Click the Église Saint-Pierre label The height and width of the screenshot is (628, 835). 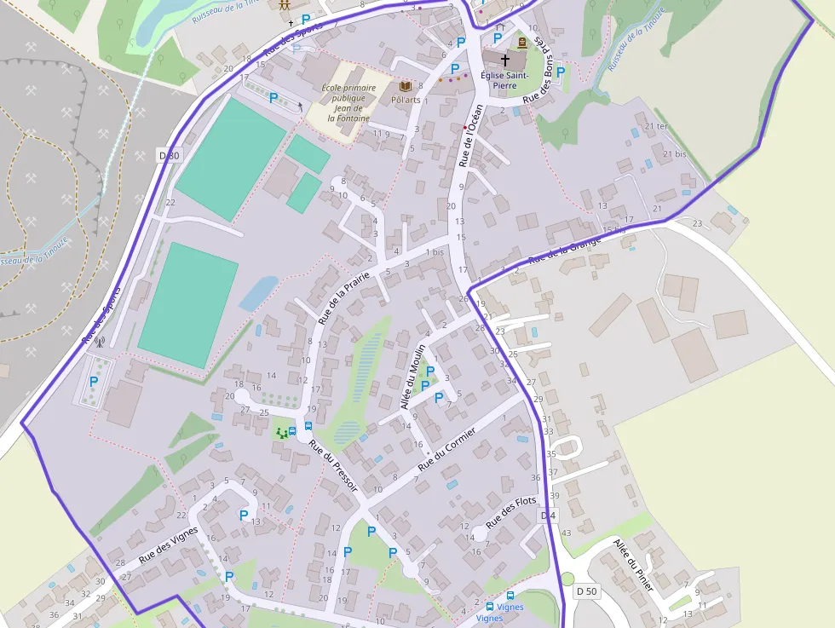pos(504,80)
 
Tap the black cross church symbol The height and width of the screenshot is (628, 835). pos(504,60)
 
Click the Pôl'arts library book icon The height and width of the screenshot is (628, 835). pos(406,87)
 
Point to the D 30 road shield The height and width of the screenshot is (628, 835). pos(170,155)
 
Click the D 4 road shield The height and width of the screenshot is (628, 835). pos(548,516)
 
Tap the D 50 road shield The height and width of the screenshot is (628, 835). pos(586,591)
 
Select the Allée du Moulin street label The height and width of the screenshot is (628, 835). pos(413,372)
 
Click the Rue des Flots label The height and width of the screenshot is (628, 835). pos(511,511)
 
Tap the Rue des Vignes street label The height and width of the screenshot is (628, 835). pos(169,544)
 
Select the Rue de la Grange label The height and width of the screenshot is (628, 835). pos(564,249)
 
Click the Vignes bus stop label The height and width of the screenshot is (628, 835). pos(489,619)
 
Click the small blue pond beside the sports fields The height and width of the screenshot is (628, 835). pos(258,293)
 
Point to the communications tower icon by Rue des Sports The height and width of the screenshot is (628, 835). pos(99,344)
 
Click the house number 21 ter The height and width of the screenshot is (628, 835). pos(657,126)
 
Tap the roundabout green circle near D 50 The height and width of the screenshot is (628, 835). pos(567,579)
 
